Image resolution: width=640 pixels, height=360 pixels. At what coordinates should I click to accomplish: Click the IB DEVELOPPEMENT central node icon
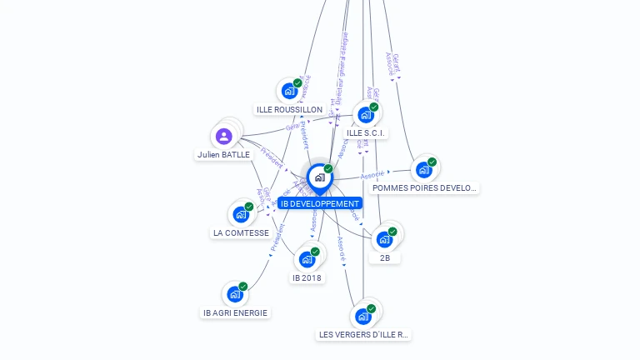[x=319, y=177]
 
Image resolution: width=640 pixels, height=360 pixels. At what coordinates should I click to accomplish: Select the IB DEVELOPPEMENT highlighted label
[x=320, y=203]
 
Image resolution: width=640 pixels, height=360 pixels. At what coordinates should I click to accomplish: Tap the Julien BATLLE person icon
[x=223, y=136]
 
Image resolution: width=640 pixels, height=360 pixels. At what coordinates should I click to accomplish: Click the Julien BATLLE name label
[x=223, y=154]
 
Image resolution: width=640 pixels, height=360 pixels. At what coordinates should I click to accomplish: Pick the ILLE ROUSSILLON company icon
[x=289, y=91]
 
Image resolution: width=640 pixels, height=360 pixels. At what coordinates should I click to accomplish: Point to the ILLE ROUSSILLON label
[x=289, y=109]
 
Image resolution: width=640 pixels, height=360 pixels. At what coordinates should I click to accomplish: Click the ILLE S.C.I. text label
[x=366, y=132]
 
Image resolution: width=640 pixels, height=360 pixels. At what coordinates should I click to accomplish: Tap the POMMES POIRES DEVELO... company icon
[x=424, y=169]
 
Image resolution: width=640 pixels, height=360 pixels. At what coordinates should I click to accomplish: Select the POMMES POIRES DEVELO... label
[x=424, y=188]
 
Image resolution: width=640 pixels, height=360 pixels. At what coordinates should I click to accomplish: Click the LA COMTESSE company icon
[x=241, y=214]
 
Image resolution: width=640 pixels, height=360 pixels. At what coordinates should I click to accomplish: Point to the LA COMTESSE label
[x=241, y=233]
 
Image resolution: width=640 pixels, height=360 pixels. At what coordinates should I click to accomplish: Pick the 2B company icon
[x=384, y=239]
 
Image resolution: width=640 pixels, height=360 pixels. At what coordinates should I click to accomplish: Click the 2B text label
[x=384, y=258]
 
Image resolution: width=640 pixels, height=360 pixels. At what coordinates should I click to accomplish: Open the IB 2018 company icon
[x=307, y=259]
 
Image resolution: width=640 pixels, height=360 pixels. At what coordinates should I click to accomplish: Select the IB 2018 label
[x=307, y=277]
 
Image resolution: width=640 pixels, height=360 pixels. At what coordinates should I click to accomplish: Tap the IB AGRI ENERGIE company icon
[x=235, y=294]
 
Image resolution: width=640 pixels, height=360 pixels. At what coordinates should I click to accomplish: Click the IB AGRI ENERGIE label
[x=236, y=313]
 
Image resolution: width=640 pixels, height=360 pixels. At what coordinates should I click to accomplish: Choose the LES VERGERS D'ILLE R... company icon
[x=363, y=316]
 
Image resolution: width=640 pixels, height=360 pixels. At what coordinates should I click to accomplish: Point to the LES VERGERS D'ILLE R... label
[x=364, y=335]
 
